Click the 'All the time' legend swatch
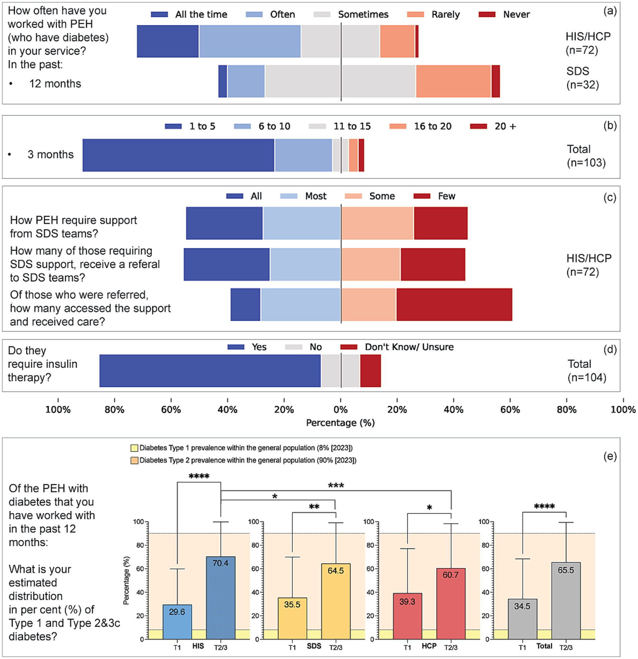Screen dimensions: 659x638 (159, 14)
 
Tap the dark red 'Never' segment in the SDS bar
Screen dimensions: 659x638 (495, 81)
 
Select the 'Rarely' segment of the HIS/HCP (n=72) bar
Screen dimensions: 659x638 (397, 41)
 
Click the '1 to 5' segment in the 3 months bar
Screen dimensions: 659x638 (178, 155)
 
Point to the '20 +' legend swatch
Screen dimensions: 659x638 (478, 127)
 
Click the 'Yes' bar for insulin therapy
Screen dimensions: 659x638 (210, 371)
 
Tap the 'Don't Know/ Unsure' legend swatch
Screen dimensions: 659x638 (349, 347)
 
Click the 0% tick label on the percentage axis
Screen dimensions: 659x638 (341, 410)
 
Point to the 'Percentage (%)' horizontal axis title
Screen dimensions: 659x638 (340, 423)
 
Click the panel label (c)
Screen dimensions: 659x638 (610, 197)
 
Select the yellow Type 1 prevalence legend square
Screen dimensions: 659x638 (135, 448)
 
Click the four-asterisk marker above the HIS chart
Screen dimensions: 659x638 (199, 476)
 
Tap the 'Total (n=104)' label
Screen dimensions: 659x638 (587, 371)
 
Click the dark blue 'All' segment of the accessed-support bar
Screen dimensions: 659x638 (245, 304)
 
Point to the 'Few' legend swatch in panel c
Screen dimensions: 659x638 (422, 196)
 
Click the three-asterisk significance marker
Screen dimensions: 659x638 (336, 485)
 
